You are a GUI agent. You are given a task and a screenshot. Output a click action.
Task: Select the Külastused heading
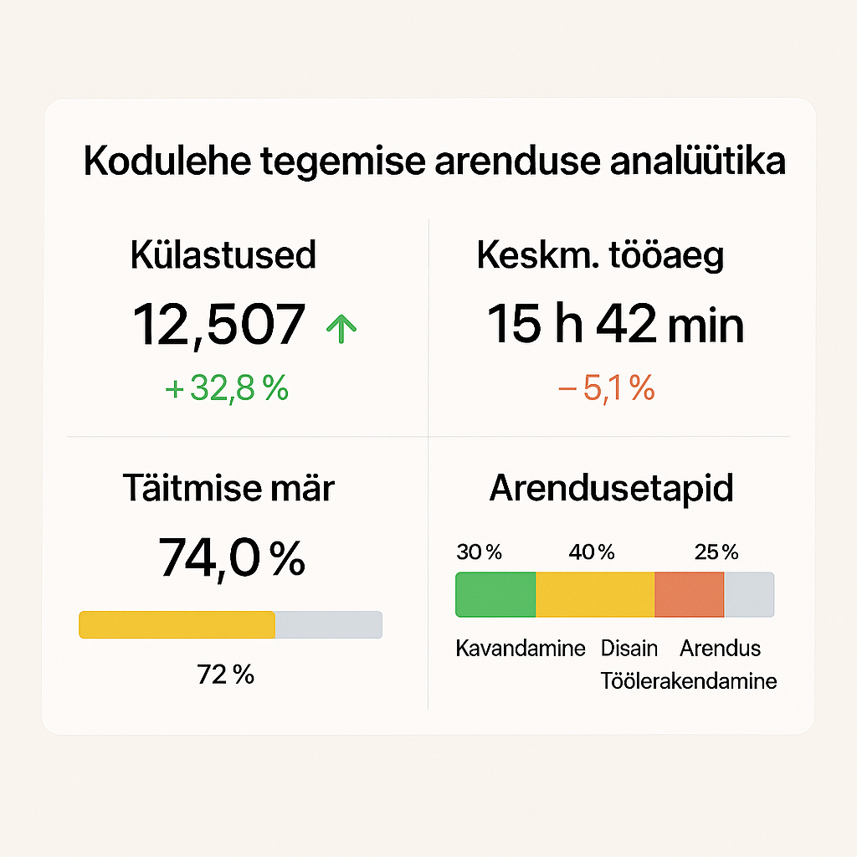[223, 255]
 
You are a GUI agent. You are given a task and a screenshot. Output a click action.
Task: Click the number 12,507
[218, 325]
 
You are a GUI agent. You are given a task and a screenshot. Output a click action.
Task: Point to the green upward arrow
[341, 330]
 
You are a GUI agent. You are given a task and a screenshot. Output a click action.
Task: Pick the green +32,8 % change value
[227, 388]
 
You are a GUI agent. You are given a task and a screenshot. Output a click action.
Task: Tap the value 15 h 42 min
[615, 325]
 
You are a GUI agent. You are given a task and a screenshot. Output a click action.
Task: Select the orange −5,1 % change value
[605, 389]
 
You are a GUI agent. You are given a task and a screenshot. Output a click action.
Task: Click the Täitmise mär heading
[228, 488]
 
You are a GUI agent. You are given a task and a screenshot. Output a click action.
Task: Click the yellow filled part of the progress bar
[177, 625]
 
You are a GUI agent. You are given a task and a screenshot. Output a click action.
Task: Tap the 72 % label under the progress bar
[226, 674]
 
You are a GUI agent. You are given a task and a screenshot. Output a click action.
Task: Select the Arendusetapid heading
[611, 489]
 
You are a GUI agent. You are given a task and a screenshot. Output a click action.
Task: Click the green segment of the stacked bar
[495, 595]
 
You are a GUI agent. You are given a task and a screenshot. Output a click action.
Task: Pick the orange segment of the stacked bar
[689, 595]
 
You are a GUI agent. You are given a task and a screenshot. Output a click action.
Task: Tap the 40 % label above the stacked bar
[592, 552]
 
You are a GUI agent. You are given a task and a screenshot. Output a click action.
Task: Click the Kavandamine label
[521, 649]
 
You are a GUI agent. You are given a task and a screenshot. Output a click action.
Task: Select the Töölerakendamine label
[688, 681]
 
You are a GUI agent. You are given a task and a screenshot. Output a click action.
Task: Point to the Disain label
[629, 649]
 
